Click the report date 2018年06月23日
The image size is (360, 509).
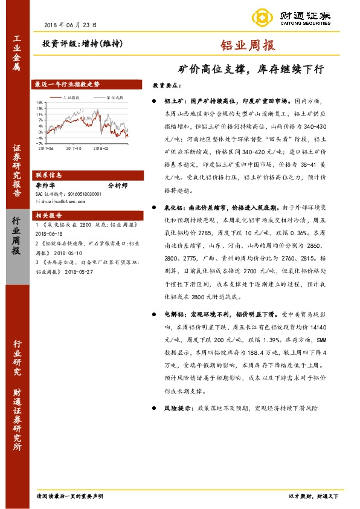click(x=71, y=25)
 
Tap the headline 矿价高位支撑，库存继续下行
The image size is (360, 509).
click(x=250, y=69)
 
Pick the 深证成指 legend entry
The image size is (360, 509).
click(x=113, y=97)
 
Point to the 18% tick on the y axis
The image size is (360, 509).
click(x=40, y=102)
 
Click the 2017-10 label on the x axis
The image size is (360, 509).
click(x=74, y=147)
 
